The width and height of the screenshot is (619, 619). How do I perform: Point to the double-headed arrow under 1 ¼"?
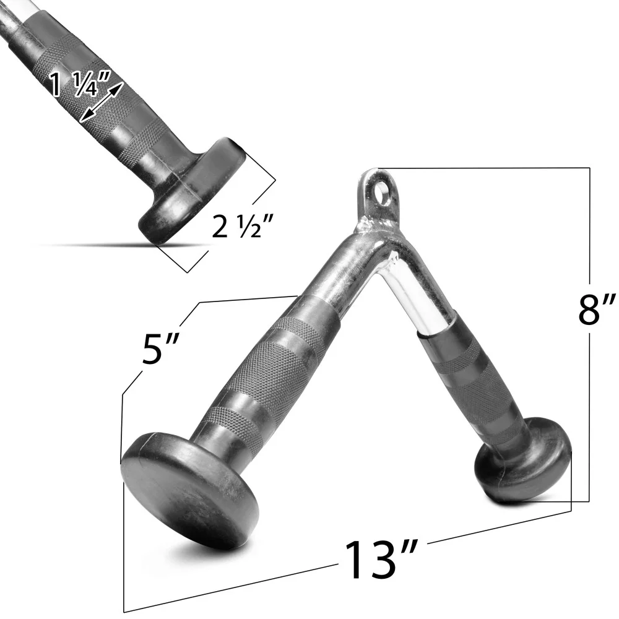click(102, 102)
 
